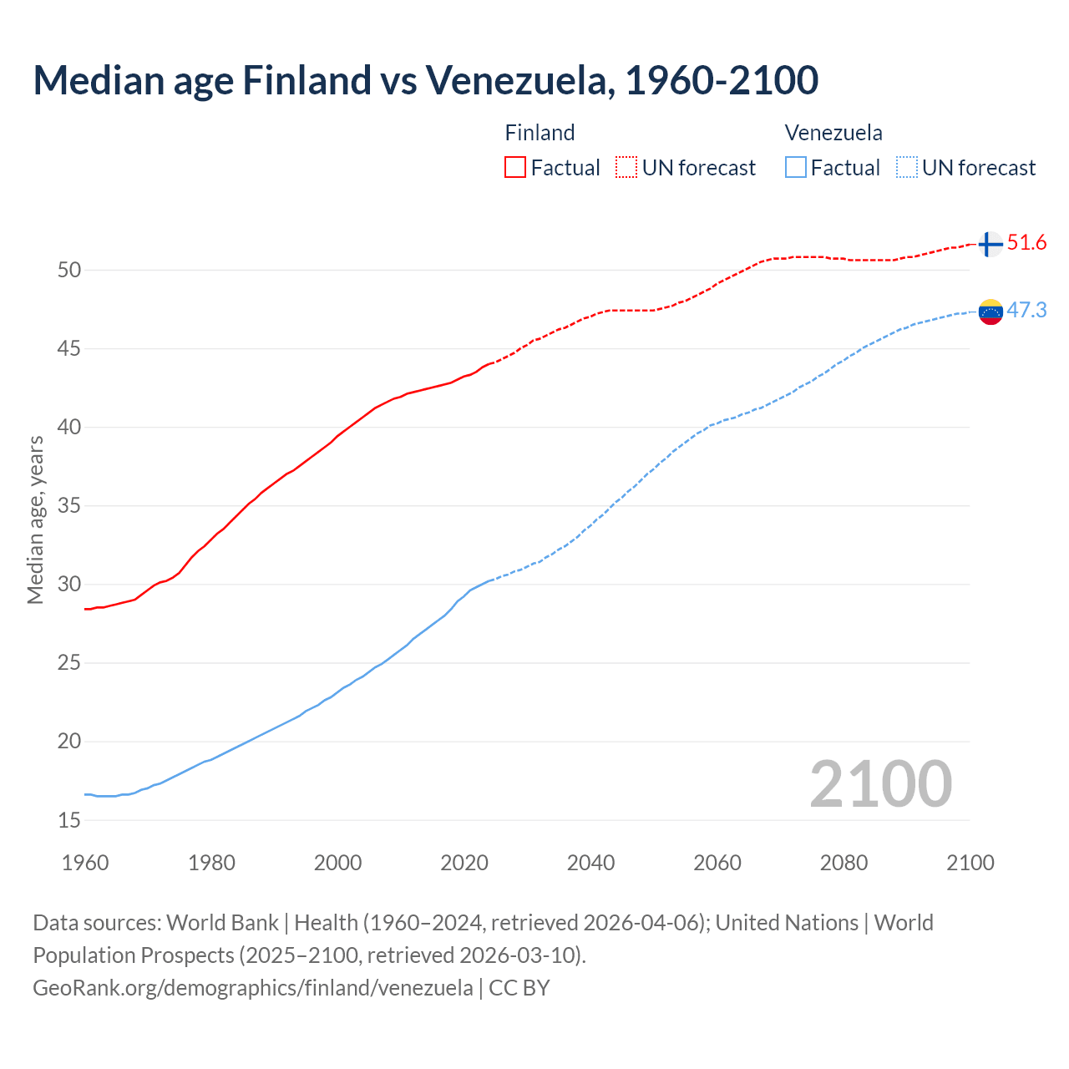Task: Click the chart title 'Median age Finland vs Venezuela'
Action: pyautogui.click(x=425, y=80)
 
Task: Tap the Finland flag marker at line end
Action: pyautogui.click(x=990, y=244)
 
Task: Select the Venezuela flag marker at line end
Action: pyautogui.click(x=990, y=312)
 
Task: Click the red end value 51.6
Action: pyautogui.click(x=1026, y=243)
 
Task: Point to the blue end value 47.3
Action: pyautogui.click(x=1026, y=311)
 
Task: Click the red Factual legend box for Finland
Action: pyautogui.click(x=515, y=168)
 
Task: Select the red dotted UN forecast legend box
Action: pyautogui.click(x=626, y=168)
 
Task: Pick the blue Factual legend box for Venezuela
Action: pyautogui.click(x=796, y=168)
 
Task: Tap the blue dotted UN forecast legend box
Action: pyautogui.click(x=906, y=168)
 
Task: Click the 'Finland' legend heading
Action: pyautogui.click(x=540, y=133)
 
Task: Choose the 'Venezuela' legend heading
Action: pyautogui.click(x=833, y=133)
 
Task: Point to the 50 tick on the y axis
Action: pyautogui.click(x=69, y=270)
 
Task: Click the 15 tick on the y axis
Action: pyautogui.click(x=69, y=820)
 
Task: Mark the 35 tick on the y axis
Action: pyautogui.click(x=69, y=506)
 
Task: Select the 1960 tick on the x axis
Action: pyautogui.click(x=85, y=863)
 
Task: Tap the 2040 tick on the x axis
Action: pyautogui.click(x=590, y=863)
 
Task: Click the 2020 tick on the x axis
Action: pyautogui.click(x=464, y=863)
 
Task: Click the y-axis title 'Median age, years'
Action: pyautogui.click(x=35, y=519)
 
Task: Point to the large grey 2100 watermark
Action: pyautogui.click(x=880, y=783)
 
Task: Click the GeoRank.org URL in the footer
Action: pyautogui.click(x=252, y=988)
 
